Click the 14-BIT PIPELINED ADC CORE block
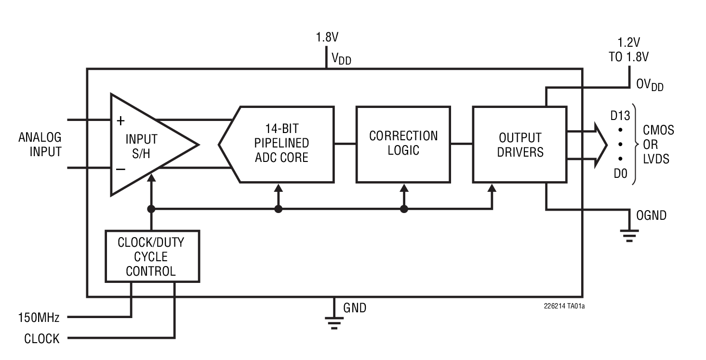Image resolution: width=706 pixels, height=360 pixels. point(281,144)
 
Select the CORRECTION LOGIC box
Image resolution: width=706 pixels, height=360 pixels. point(403,144)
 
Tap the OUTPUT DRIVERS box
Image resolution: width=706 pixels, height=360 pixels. point(520,145)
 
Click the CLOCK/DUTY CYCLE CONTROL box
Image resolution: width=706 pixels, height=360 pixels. point(151,256)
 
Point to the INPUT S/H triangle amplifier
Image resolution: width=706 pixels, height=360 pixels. point(145,145)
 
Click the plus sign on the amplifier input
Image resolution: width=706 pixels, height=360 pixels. point(121,120)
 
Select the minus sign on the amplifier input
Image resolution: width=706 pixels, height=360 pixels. point(121,169)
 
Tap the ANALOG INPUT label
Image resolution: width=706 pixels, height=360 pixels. point(40,144)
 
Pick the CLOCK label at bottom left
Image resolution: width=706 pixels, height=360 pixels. point(42,339)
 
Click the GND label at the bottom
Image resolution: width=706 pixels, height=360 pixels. point(354,308)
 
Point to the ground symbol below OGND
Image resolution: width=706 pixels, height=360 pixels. point(629,235)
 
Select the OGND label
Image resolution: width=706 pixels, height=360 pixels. point(651,216)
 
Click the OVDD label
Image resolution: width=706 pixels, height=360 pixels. point(650,85)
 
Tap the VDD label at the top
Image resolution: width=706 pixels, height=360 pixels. point(341,59)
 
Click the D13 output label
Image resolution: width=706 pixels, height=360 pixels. point(620,116)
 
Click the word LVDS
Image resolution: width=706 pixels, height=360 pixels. point(656,159)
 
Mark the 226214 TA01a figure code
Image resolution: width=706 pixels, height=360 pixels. point(564,306)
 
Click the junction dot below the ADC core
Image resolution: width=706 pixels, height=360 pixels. point(278,209)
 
